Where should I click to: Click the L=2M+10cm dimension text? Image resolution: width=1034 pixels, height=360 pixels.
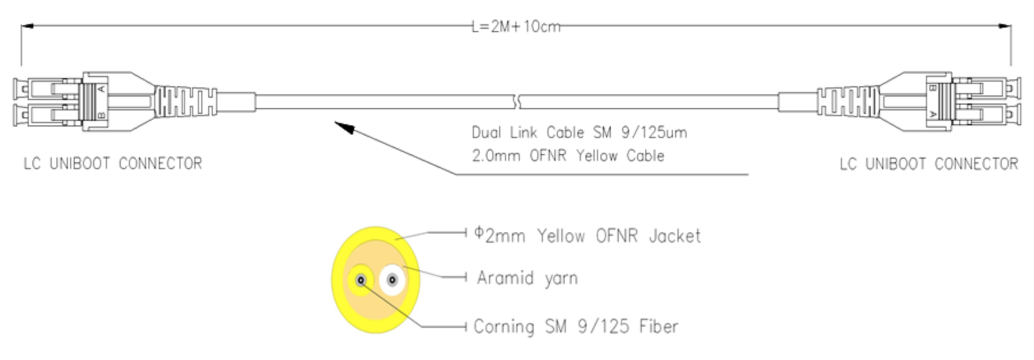point(516,26)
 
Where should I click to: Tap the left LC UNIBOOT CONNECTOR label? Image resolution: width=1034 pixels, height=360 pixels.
point(113,164)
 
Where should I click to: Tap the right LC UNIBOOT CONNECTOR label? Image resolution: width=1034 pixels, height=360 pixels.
point(928,164)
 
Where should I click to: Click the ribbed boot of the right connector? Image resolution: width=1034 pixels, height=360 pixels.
point(847,102)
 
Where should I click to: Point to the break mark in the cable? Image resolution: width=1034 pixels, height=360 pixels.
point(519,102)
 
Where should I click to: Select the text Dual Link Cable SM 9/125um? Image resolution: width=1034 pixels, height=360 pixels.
point(579,133)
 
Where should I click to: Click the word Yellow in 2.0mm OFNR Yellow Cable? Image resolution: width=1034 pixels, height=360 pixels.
point(597,156)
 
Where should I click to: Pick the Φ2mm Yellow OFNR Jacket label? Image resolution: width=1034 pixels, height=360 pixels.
point(587,235)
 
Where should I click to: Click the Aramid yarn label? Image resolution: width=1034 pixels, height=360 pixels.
point(527,278)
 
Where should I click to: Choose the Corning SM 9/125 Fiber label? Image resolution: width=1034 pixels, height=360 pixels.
point(576,327)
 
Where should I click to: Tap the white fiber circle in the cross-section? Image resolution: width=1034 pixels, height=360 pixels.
point(392,280)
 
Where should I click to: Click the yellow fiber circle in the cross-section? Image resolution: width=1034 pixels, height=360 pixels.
point(361,280)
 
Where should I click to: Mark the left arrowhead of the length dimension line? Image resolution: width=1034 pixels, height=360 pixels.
point(27,26)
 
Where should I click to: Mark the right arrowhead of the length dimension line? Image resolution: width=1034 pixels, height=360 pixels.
point(1005,26)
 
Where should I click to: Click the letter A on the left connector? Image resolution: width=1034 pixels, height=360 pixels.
point(101,88)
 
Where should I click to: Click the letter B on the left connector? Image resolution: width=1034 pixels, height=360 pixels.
point(101,116)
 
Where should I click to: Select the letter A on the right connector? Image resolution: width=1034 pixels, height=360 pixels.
point(933,116)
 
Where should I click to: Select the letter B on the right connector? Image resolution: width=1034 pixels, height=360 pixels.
point(933,88)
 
